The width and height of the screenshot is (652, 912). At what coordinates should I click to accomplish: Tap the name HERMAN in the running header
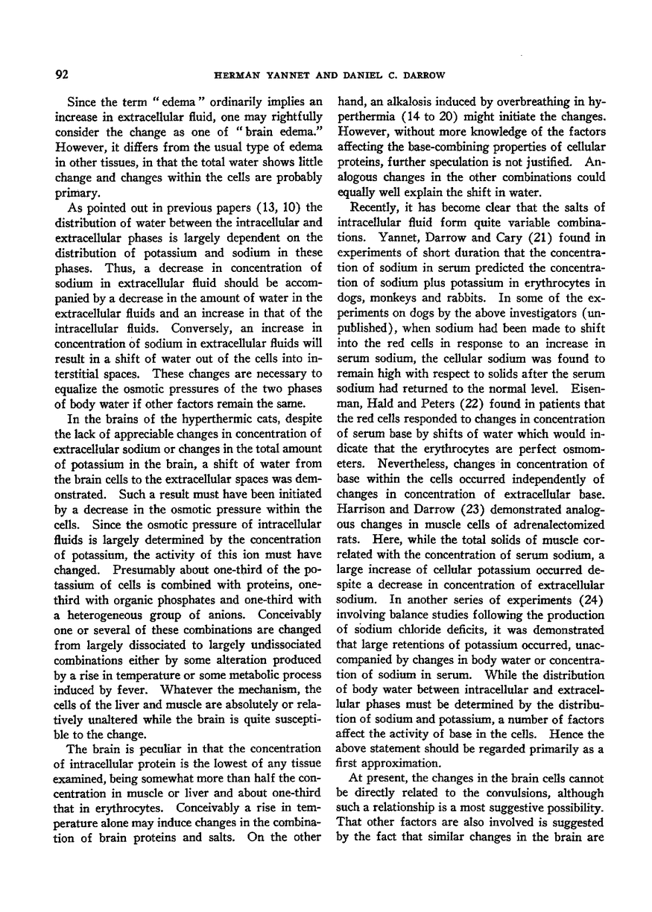234,75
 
